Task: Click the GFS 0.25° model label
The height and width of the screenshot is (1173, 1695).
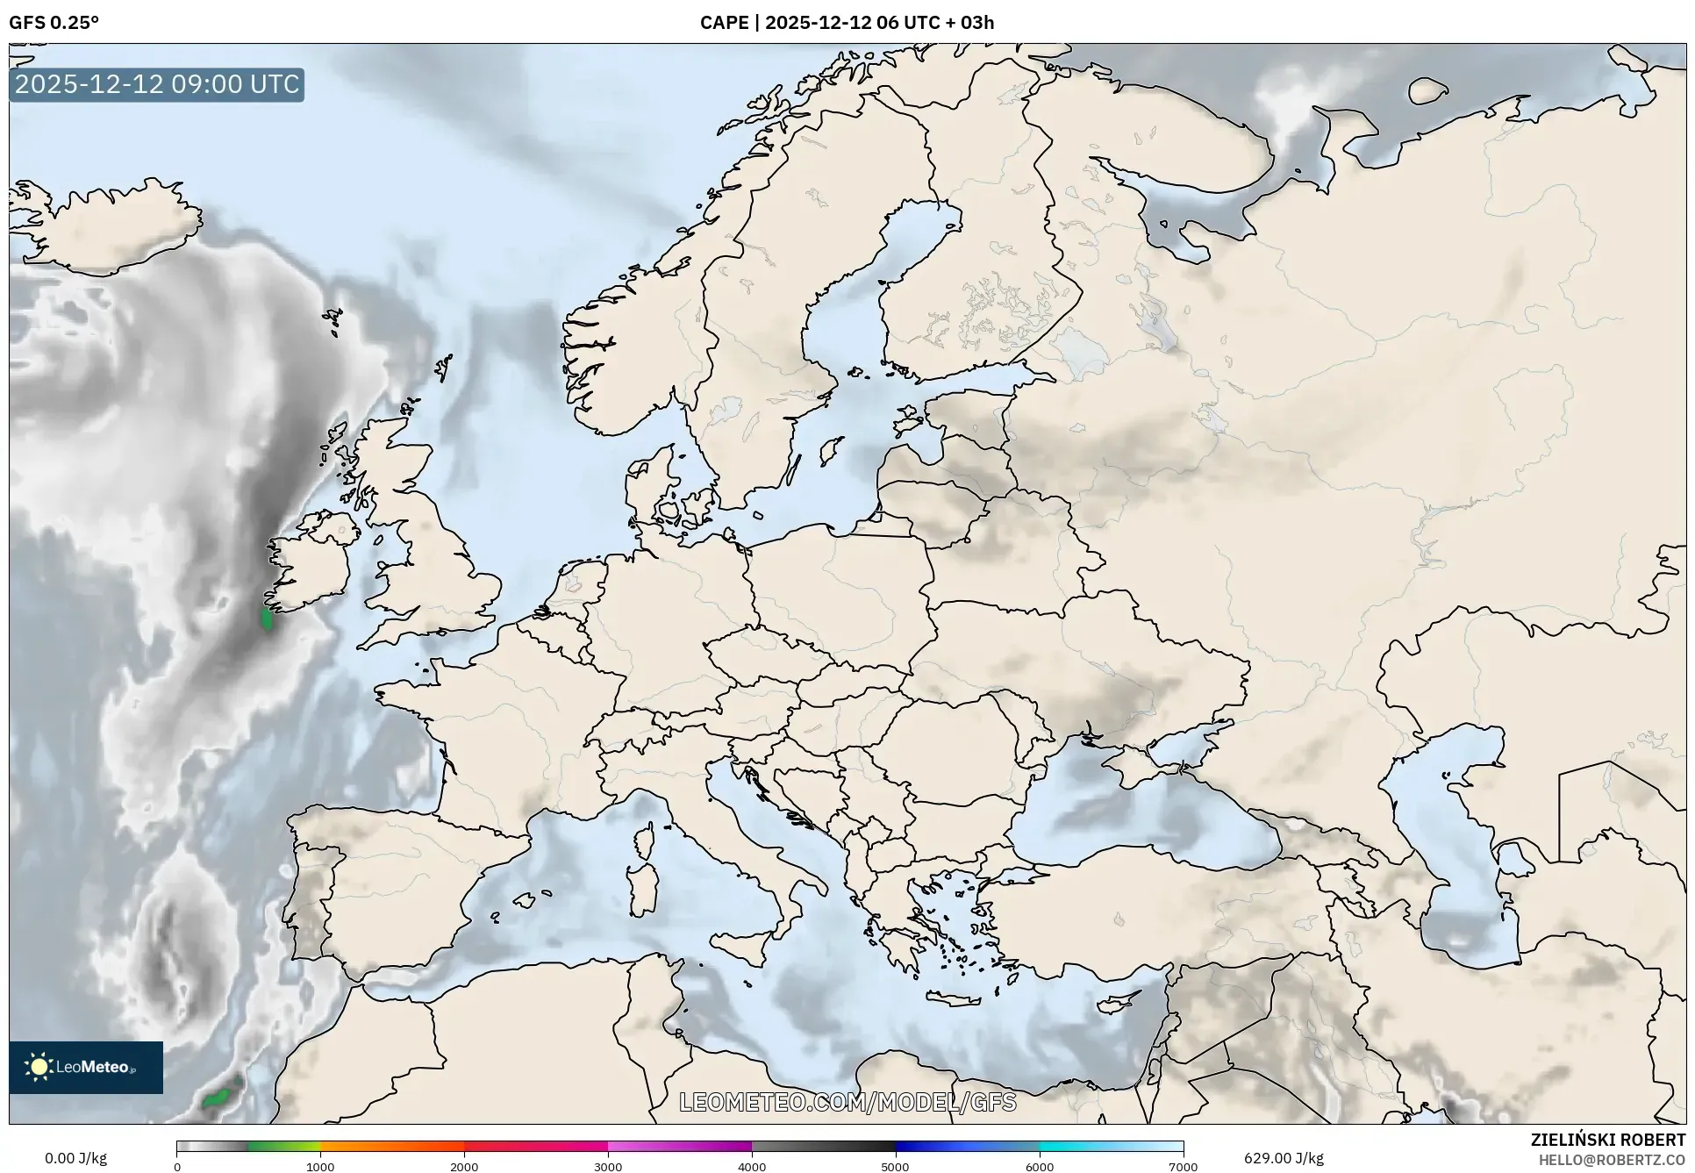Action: pos(54,23)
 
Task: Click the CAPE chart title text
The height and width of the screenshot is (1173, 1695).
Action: pos(847,23)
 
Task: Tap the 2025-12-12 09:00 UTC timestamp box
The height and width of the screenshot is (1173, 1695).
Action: pos(157,84)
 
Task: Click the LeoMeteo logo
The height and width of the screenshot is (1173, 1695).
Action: pos(86,1067)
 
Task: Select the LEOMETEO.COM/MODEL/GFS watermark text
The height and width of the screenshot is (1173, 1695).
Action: pos(847,1102)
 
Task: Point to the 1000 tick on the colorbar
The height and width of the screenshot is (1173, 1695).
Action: pos(320,1166)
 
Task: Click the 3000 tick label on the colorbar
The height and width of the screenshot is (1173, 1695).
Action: pos(608,1166)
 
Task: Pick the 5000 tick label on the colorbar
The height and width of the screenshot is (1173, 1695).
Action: pos(895,1166)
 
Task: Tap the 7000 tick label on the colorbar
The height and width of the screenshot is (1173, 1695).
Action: pos(1183,1166)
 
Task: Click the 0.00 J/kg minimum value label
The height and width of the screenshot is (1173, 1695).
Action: pos(75,1158)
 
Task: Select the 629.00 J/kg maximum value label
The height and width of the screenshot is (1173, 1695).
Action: pos(1284,1158)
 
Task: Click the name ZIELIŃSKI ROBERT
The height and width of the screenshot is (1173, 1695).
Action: pos(1608,1140)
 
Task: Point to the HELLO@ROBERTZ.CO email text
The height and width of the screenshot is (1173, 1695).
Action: pos(1612,1160)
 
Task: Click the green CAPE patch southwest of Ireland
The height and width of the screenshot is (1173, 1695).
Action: pos(268,619)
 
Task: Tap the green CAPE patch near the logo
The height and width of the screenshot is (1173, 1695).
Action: pos(216,1098)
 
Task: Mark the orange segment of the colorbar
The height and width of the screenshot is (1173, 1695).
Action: pos(392,1146)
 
